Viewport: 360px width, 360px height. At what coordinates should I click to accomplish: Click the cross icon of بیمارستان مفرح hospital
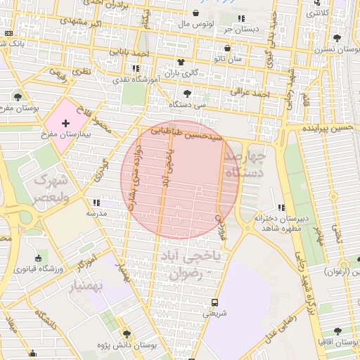click(x=66, y=123)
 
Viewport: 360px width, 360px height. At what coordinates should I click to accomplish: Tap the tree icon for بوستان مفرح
click(x=18, y=97)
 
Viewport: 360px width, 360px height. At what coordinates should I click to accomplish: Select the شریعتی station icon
click(x=214, y=303)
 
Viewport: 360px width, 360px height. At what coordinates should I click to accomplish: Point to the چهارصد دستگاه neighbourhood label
click(x=246, y=163)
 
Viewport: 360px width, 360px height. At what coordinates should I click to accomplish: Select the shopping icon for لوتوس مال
click(x=195, y=13)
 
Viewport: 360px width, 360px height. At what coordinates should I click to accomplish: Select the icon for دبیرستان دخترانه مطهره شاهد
click(x=281, y=207)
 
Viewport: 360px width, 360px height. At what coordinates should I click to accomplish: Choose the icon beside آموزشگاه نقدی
click(x=136, y=68)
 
